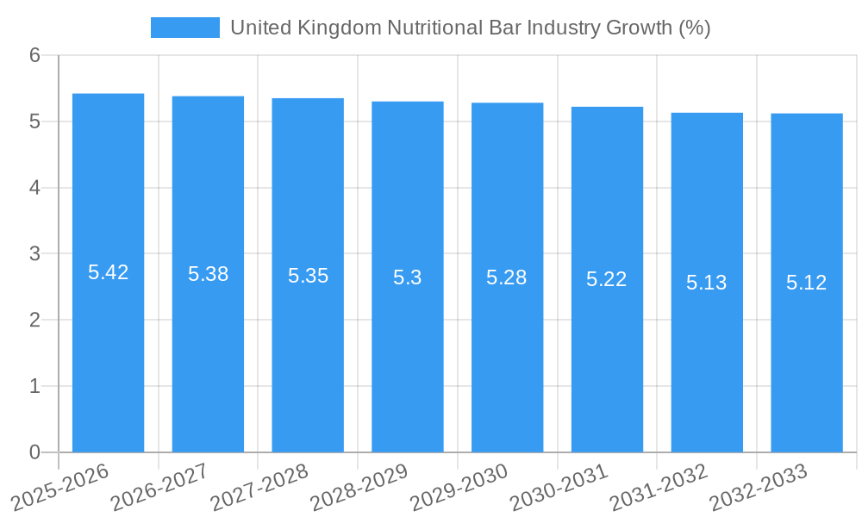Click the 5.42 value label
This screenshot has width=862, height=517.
pyautogui.click(x=108, y=272)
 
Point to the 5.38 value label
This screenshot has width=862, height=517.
pyautogui.click(x=208, y=274)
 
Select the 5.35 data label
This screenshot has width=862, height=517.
pyautogui.click(x=308, y=276)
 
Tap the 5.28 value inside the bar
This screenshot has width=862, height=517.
pyautogui.click(x=507, y=277)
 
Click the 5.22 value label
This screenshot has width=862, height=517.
pyautogui.click(x=607, y=279)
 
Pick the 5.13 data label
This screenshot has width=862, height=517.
pyautogui.click(x=707, y=282)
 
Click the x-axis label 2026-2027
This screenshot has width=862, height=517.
pyautogui.click(x=160, y=486)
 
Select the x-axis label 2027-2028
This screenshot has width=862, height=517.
pyautogui.click(x=259, y=486)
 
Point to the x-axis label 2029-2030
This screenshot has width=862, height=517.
pyautogui.click(x=459, y=486)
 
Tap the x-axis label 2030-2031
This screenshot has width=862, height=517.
pyautogui.click(x=559, y=486)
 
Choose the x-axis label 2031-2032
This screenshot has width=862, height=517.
pyautogui.click(x=659, y=486)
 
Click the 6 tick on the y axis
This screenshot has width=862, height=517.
pyautogui.click(x=34, y=55)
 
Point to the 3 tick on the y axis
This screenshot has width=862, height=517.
pyautogui.click(x=34, y=253)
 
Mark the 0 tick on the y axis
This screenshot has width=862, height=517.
pyautogui.click(x=34, y=452)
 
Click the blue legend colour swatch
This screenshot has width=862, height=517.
pyautogui.click(x=184, y=28)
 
